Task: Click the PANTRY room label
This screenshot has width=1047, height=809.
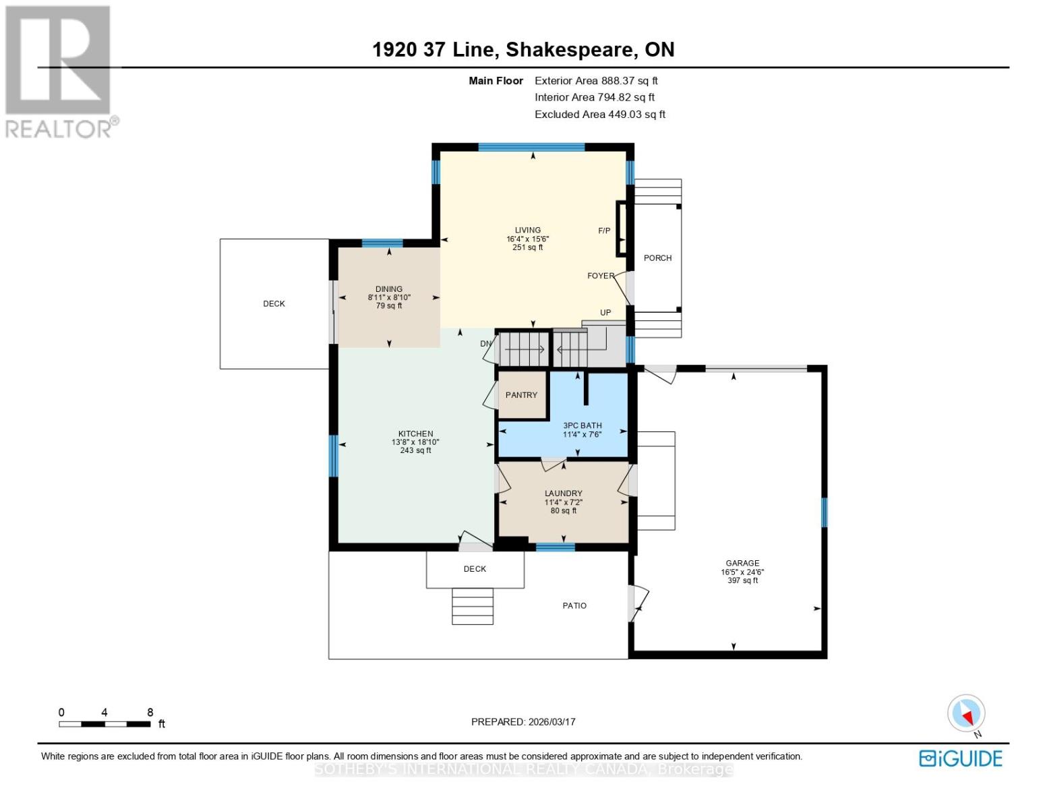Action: [521, 395]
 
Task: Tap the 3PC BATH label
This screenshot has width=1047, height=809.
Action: [582, 425]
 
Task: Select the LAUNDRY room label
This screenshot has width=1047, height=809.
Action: [563, 493]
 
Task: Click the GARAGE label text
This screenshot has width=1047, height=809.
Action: [742, 563]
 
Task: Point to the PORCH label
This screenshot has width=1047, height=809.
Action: [657, 258]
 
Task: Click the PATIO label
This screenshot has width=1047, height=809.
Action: [574, 606]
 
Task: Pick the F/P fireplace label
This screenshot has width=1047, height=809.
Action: [604, 231]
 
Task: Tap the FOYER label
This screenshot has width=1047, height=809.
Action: [600, 276]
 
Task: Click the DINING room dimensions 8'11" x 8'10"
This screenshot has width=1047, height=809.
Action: [389, 297]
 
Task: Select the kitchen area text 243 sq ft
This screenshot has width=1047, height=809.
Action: [415, 450]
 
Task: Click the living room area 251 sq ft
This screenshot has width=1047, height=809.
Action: [527, 247]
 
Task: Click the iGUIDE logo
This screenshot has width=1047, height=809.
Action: [961, 758]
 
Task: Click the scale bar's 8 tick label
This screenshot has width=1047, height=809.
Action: [150, 712]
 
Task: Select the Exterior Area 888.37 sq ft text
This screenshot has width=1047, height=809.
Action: [596, 81]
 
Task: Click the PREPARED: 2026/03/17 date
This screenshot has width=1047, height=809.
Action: [523, 721]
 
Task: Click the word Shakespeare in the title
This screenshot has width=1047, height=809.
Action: [570, 50]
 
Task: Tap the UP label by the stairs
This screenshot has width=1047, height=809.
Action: [605, 313]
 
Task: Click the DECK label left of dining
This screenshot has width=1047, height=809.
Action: [274, 304]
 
